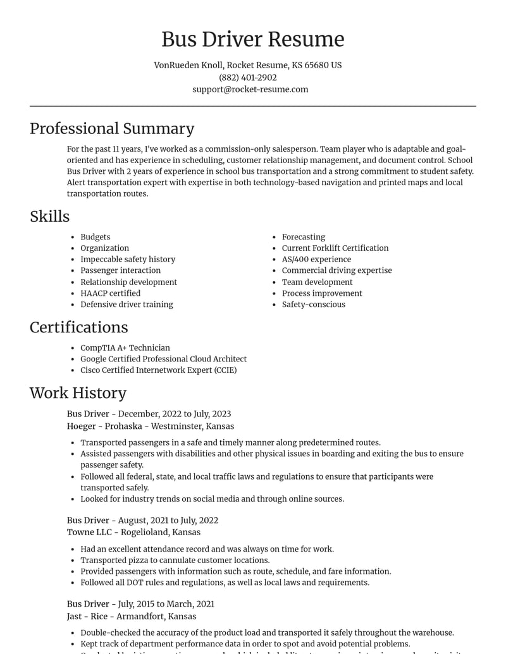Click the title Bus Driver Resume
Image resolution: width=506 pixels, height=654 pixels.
pyautogui.click(x=252, y=39)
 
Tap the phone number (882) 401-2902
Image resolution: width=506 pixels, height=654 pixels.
pyautogui.click(x=248, y=77)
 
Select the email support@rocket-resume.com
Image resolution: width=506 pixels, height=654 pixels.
pyautogui.click(x=250, y=89)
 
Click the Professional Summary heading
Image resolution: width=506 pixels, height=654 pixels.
pyautogui.click(x=112, y=128)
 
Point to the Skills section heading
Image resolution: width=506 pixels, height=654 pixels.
pyautogui.click(x=49, y=216)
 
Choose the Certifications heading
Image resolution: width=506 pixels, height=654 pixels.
pyautogui.click(x=78, y=327)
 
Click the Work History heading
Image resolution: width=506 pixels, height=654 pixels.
pyautogui.click(x=78, y=393)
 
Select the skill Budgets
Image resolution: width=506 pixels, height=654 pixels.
pyautogui.click(x=95, y=237)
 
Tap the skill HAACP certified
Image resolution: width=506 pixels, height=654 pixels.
pyautogui.click(x=110, y=293)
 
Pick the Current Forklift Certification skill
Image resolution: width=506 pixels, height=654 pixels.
pyautogui.click(x=335, y=248)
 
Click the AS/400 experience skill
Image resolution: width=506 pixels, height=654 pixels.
pyautogui.click(x=316, y=259)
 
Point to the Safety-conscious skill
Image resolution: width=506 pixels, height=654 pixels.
pyautogui.click(x=314, y=305)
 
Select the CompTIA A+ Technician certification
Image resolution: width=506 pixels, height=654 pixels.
pyautogui.click(x=125, y=348)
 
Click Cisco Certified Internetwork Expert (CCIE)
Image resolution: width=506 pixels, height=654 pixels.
pyautogui.click(x=158, y=370)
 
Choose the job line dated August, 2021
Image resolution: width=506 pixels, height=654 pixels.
pyautogui.click(x=142, y=521)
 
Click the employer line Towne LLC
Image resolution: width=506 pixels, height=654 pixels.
pyautogui.click(x=133, y=532)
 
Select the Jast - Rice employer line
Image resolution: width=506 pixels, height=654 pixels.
pyautogui.click(x=132, y=616)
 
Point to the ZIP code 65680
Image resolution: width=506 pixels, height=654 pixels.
pyautogui.click(x=316, y=65)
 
